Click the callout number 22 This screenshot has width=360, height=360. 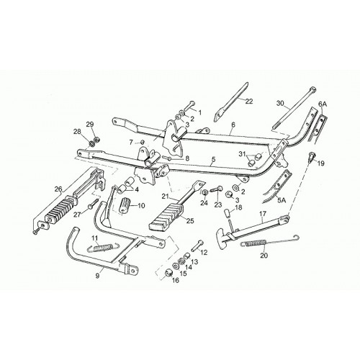click(x=249, y=102)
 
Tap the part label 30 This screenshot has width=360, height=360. click(x=280, y=103)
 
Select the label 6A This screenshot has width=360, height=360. click(x=323, y=104)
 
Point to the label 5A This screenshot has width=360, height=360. click(x=282, y=200)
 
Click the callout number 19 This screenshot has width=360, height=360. click(x=321, y=163)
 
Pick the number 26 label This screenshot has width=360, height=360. click(x=58, y=189)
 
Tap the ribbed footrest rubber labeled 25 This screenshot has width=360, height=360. click(x=167, y=215)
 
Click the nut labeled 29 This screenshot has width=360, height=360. click(x=97, y=139)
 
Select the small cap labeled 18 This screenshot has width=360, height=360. click(x=227, y=212)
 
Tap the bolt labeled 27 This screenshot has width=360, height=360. click(x=94, y=203)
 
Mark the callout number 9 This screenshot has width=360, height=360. click(x=97, y=276)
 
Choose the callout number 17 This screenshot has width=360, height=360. click(x=263, y=213)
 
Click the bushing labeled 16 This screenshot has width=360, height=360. click(x=169, y=273)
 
